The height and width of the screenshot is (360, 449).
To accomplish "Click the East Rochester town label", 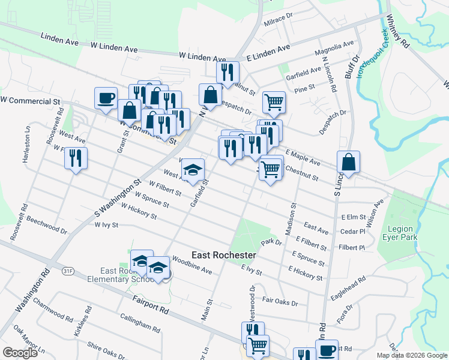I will pyautogui.click(x=224, y=255).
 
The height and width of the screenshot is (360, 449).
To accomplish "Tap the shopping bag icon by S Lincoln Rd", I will pyautogui.click(x=348, y=161).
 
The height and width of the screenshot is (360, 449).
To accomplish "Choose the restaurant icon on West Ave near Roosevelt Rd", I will pyautogui.click(x=76, y=158).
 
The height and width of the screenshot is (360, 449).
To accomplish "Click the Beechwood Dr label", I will pyautogui.click(x=47, y=225).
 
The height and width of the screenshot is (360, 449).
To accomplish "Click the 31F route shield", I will pyautogui.click(x=67, y=271).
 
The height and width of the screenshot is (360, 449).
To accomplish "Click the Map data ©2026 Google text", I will pyautogui.click(x=412, y=355).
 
